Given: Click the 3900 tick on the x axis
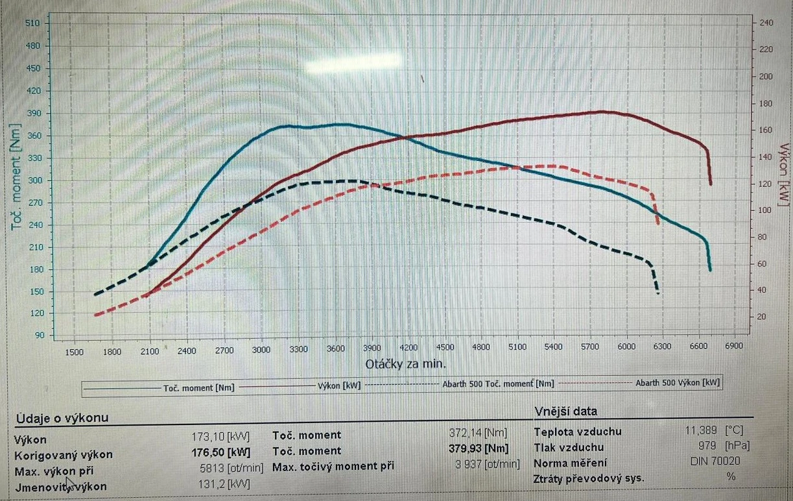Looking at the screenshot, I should (x=372, y=348).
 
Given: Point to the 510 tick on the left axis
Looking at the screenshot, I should (x=32, y=23).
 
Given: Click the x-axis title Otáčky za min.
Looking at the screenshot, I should (x=405, y=363).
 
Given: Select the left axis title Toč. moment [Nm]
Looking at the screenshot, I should (x=17, y=177).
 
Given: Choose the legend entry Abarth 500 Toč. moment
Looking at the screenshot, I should (x=498, y=384).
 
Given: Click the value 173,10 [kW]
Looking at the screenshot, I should (x=220, y=437).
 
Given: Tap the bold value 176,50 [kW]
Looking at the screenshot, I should (x=220, y=452).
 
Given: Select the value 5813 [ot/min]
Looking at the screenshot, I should (x=231, y=467).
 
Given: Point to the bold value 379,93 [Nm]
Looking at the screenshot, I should (x=478, y=448).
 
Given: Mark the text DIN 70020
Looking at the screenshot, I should (x=715, y=461).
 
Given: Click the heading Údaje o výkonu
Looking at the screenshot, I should (x=62, y=418).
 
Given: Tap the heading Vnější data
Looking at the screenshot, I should (x=565, y=411).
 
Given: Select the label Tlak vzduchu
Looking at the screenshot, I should (x=569, y=447).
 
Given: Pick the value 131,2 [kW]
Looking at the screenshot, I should (x=223, y=483).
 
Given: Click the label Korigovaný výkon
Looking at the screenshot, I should (x=63, y=454).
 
